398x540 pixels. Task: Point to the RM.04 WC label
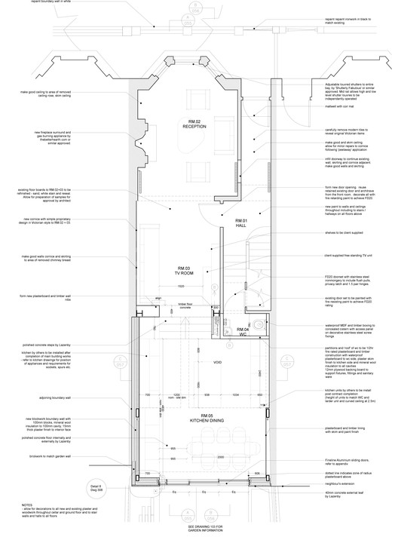[x=242, y=332]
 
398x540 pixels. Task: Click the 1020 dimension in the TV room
[x=181, y=287]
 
